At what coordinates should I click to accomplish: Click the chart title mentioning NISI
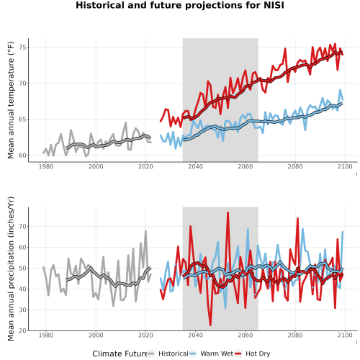pos(180,5)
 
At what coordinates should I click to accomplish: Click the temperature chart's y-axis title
pos(11,100)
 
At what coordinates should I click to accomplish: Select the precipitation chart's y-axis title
pos(11,269)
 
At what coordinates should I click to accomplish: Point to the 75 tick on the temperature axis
pos(23,48)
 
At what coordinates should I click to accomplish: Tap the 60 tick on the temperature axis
pos(23,156)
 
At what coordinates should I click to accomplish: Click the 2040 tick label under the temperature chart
pos(195,166)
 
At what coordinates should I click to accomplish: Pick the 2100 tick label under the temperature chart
pos(345,166)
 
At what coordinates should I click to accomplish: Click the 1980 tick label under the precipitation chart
pos(46,335)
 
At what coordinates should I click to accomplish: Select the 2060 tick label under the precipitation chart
pos(246,335)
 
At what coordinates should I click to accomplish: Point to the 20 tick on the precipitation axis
pos(23,330)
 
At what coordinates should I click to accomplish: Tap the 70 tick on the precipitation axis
pos(23,226)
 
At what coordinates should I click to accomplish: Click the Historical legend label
pos(174,354)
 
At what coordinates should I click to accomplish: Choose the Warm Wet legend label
pos(217,354)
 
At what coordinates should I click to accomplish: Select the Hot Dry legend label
pos(258,354)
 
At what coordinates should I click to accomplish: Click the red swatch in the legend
pos(238,354)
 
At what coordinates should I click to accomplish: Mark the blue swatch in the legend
pos(193,354)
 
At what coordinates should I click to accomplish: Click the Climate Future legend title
pos(120,354)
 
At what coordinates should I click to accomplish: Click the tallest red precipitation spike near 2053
pos(228,212)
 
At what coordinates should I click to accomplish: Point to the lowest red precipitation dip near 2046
pos(210,325)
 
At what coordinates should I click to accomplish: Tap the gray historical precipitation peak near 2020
pos(145,231)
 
